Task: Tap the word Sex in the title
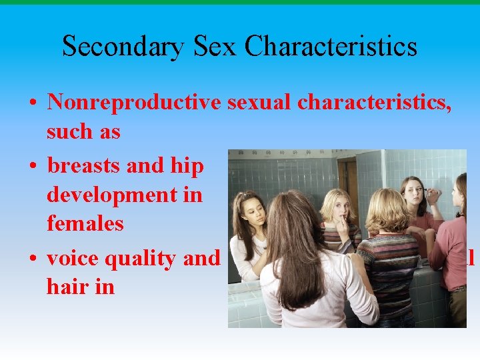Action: (x=212, y=47)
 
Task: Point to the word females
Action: (x=85, y=223)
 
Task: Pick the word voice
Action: (x=72, y=258)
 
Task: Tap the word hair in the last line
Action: (x=64, y=287)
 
